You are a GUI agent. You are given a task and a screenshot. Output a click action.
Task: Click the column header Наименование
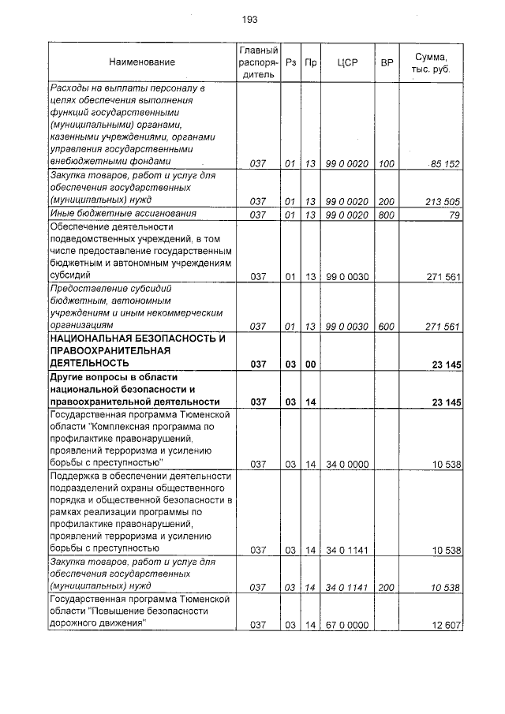pos(142,62)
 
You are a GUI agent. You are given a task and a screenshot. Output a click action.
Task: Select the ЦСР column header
pos(347,62)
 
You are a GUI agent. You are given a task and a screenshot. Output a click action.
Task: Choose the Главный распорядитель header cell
pos(257,62)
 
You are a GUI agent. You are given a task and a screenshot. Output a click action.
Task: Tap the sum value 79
pos(454,215)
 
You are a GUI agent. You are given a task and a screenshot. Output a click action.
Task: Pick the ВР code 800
pos(387,215)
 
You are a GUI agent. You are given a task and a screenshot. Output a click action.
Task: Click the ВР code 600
pos(387,326)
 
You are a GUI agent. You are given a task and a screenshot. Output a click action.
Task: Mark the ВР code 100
pos(387,164)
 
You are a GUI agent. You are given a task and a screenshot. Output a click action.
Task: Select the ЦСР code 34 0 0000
pos(347,464)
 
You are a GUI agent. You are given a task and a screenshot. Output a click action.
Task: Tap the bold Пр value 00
pos(310,364)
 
